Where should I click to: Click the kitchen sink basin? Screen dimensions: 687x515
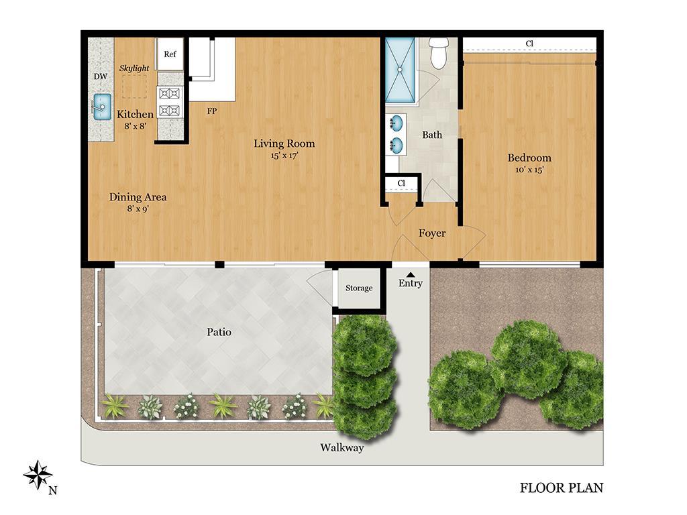pos(102,107)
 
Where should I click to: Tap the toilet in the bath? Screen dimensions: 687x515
pos(438,52)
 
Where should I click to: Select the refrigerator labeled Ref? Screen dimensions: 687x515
pos(170,54)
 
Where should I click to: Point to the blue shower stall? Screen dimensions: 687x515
pos(400,70)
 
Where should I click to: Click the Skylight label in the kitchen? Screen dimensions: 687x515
pos(134,68)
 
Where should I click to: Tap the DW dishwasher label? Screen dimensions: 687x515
pos(101,76)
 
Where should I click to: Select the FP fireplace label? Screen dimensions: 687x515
pos(211,111)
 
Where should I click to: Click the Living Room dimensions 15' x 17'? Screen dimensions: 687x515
pos(284,155)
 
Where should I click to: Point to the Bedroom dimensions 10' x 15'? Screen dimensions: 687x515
pos(529,170)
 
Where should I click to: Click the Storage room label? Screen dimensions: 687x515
pos(359,288)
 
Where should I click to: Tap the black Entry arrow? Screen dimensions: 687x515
pos(411,274)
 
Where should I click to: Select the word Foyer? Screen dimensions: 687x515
pos(432,233)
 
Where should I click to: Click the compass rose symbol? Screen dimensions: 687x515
pos(38,475)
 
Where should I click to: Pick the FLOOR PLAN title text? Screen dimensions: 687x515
pos(562,488)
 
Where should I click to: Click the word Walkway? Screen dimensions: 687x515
pos(341,447)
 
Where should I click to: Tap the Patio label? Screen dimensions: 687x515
pos(219,332)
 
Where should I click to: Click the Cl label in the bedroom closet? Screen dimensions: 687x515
pos(529,44)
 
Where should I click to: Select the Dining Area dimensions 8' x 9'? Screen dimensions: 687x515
pos(138,209)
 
